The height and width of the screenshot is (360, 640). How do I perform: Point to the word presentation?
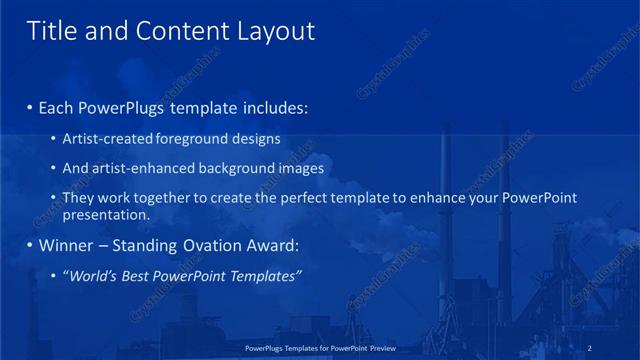click(106, 214)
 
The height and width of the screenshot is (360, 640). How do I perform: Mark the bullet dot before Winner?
click(30, 245)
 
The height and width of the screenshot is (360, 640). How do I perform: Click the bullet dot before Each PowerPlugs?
click(30, 107)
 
